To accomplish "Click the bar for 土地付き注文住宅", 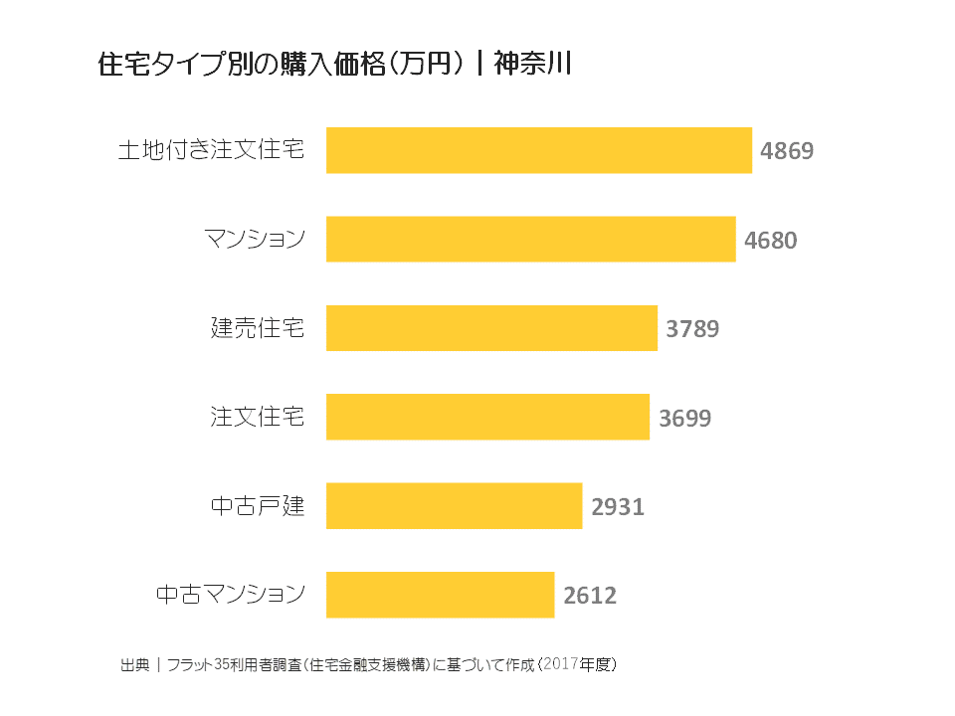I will pos(538,150).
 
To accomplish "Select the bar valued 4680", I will pos(530,239).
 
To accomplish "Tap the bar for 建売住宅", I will pos(491,328).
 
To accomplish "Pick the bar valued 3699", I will pos(487,417).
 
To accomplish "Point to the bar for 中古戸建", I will pos(454,506).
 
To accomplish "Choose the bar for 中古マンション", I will pos(440,595).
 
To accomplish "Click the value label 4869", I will pos(787,151).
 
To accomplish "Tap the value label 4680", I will pos(771,240).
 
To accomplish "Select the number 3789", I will pos(692,329).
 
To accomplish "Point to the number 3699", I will pos(684,418).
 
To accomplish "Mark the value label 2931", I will pos(618,507).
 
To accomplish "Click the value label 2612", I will pos(590,596).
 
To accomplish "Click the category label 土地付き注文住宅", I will pos(211,150).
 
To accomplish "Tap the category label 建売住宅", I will pos(257,328).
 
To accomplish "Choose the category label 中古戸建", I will pos(257,506).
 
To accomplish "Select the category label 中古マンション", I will pos(230,595).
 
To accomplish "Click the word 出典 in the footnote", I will pos(133,663).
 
